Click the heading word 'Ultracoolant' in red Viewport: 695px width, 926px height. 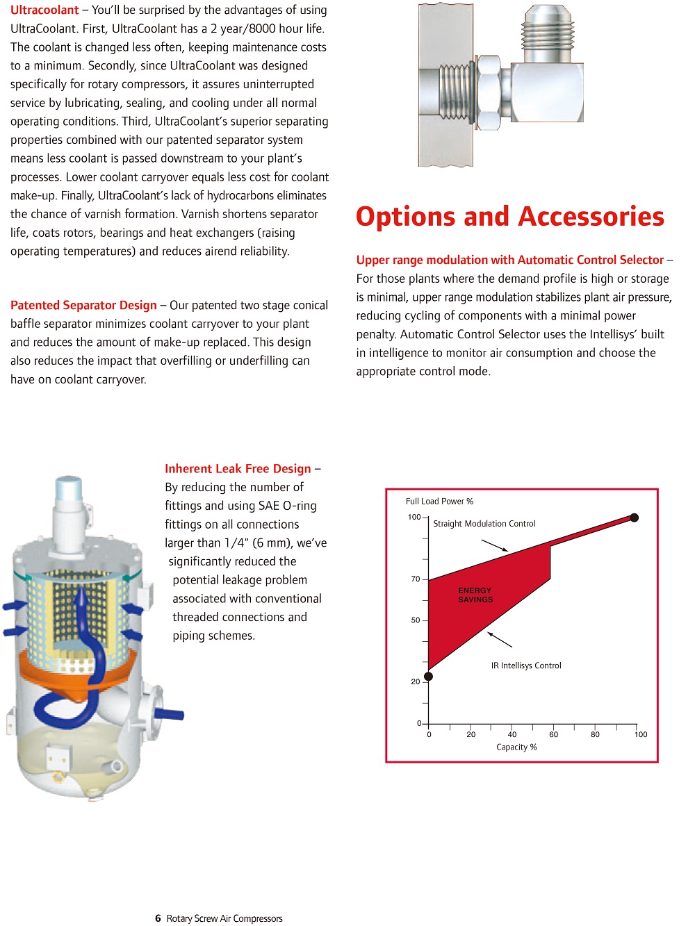44,10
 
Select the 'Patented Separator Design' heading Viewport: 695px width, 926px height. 83,306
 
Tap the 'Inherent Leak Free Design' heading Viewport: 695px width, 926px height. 238,469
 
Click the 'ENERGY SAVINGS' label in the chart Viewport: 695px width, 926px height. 475,595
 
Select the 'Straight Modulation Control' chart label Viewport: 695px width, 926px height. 484,524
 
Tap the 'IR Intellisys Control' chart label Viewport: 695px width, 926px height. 526,665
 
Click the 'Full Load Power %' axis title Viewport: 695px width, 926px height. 439,502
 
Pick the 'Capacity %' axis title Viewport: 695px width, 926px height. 516,747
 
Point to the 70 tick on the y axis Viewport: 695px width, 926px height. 416,579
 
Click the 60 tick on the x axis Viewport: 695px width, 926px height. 554,734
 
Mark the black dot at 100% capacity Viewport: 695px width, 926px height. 634,518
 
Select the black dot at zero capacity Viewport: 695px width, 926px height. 428,677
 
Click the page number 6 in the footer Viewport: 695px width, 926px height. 158,918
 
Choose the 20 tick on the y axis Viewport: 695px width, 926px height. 416,682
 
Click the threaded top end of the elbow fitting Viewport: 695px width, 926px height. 548,31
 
